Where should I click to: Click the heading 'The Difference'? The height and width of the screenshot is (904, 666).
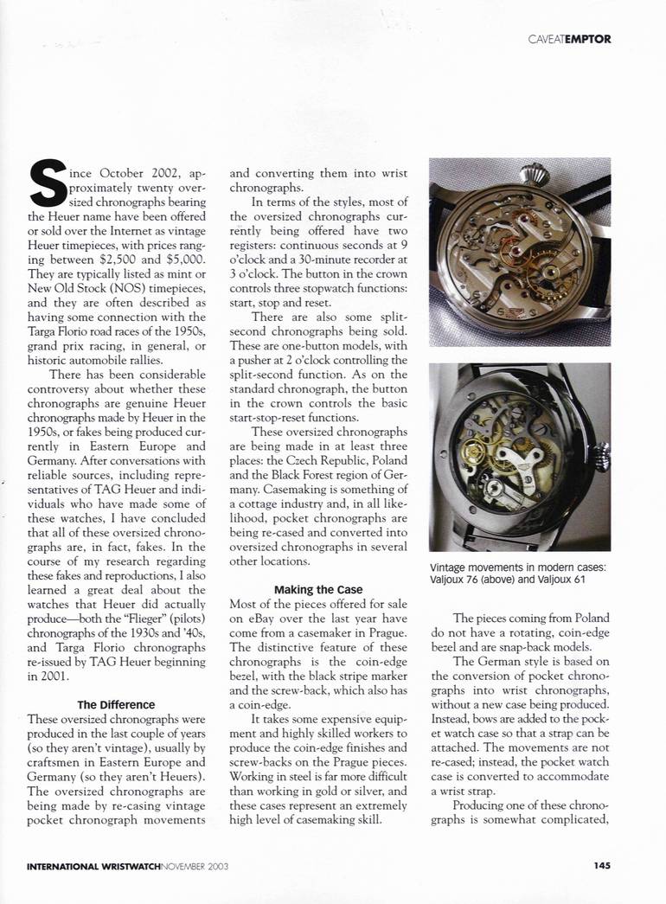pyautogui.click(x=116, y=704)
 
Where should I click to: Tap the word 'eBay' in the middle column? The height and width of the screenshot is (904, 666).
pyautogui.click(x=246, y=619)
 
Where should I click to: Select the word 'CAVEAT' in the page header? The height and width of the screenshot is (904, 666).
pyautogui.click(x=546, y=38)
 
